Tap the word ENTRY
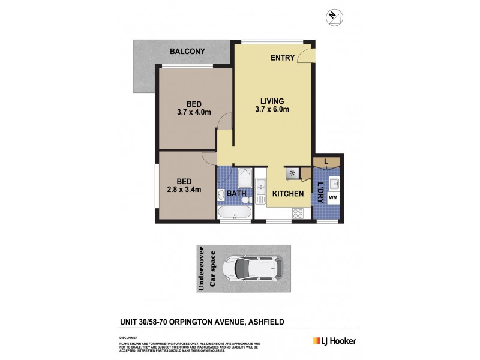[x=283, y=58]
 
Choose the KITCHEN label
[x=289, y=194]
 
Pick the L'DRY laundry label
[x=320, y=192]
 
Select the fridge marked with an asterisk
[x=293, y=173]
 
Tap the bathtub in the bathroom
[x=234, y=213]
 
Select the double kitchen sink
[x=260, y=189]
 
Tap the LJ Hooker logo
[x=334, y=341]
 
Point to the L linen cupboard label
[x=326, y=161]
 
